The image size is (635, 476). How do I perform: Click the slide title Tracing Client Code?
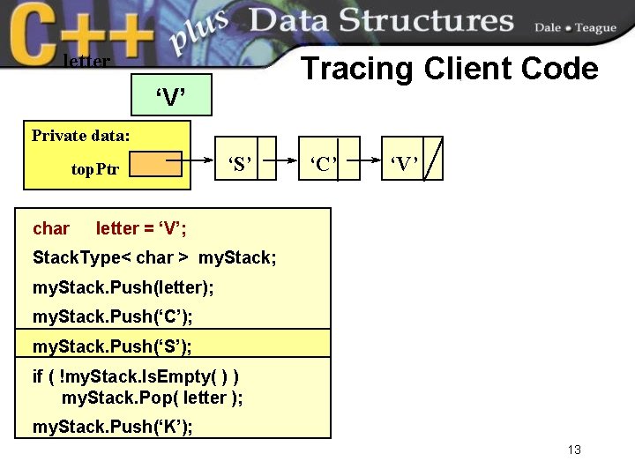coord(450,69)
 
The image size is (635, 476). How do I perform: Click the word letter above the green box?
coord(86,62)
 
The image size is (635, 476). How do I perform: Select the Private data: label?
coord(81,136)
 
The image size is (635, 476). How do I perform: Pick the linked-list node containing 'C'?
coord(329,159)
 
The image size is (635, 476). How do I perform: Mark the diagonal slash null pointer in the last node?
coord(433,159)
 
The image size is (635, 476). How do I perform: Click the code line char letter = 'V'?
coord(110,229)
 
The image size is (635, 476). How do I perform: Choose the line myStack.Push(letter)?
coord(123,287)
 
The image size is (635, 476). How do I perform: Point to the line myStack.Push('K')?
coord(112,428)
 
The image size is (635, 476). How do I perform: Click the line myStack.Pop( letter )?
coord(152,398)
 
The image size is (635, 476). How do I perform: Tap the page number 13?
coord(574,450)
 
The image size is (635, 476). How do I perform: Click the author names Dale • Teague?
coord(574,27)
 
